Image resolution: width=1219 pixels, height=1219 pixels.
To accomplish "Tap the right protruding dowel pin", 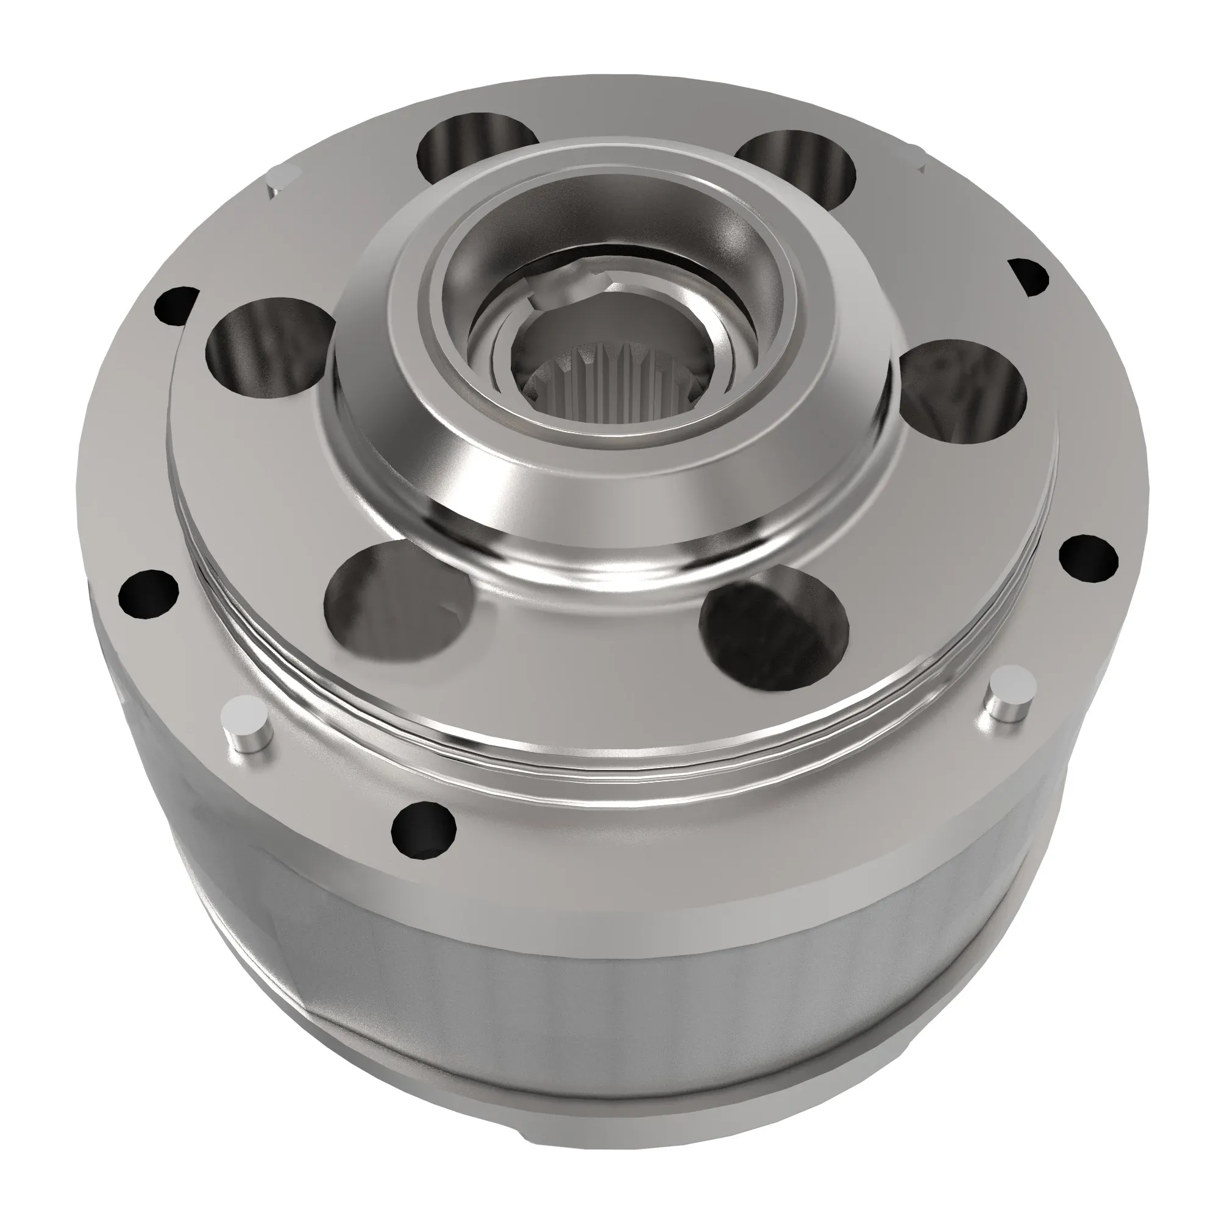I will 1011,694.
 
